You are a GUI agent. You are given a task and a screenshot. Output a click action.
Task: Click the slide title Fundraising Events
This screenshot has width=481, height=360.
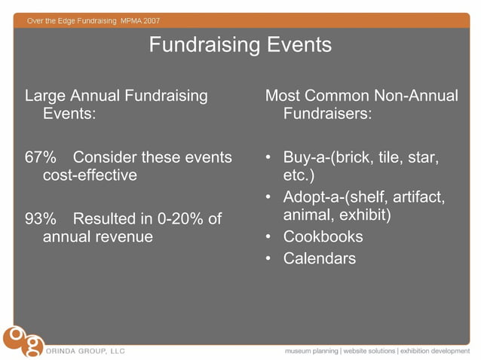click(240, 44)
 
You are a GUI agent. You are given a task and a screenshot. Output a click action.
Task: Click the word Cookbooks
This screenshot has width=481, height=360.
click(323, 236)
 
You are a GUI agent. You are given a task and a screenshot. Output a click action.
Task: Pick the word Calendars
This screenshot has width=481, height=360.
click(320, 258)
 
